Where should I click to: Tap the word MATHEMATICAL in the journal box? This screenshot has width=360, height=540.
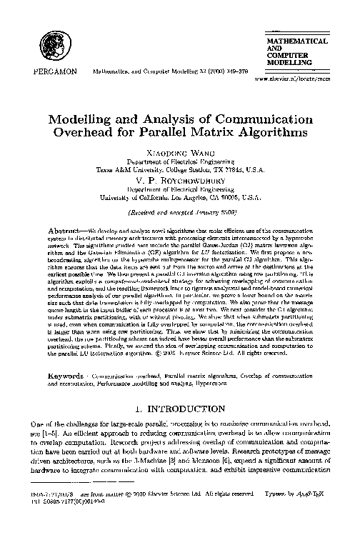[x=297, y=42]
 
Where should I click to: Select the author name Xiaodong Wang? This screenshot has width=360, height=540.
[x=179, y=154]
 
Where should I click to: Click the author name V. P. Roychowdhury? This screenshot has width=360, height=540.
[x=179, y=181]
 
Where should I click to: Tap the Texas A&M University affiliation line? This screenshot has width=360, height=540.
[x=179, y=171]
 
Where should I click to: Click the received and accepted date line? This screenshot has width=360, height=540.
[x=179, y=213]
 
